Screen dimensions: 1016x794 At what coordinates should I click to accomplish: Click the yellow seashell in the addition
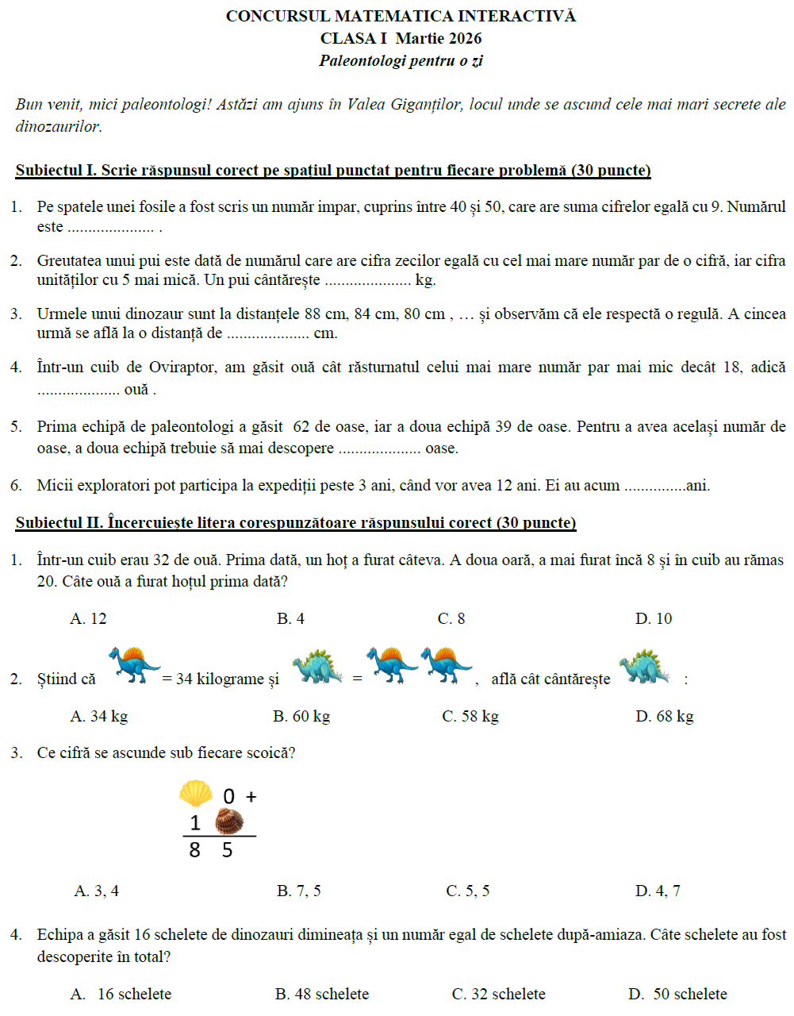pyautogui.click(x=195, y=793)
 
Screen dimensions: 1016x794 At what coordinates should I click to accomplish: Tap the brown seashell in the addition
pyautogui.click(x=228, y=821)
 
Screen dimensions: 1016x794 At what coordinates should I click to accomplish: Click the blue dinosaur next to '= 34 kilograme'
pyautogui.click(x=134, y=665)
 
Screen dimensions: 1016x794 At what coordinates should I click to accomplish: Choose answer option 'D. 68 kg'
pyautogui.click(x=664, y=717)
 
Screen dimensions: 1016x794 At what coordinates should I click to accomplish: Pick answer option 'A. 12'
pyautogui.click(x=88, y=619)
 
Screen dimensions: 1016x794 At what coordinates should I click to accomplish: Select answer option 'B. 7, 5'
pyautogui.click(x=299, y=891)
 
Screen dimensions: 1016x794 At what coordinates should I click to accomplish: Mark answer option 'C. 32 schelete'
pyautogui.click(x=498, y=995)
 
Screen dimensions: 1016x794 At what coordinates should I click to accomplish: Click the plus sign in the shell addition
pyautogui.click(x=251, y=796)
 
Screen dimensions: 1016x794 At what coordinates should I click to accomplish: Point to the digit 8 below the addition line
pyautogui.click(x=194, y=851)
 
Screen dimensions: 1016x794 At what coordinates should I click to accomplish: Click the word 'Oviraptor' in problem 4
pyautogui.click(x=172, y=368)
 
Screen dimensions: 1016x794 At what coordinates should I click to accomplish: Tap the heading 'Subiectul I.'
pyautogui.click(x=56, y=171)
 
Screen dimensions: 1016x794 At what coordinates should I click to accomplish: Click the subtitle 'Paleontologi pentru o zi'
pyautogui.click(x=401, y=61)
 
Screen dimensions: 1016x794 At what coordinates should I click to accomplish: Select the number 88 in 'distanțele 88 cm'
pyautogui.click(x=312, y=314)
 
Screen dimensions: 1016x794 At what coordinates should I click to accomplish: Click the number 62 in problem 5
pyautogui.click(x=302, y=427)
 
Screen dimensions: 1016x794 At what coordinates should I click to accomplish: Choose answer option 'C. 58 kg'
pyautogui.click(x=470, y=717)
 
